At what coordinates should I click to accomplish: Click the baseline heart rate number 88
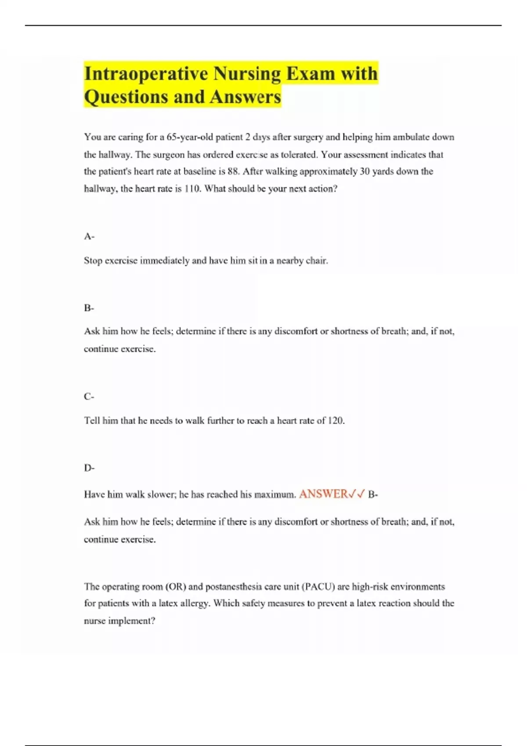click(233, 171)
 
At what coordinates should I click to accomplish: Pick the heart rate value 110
click(191, 189)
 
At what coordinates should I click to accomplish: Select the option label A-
click(89, 237)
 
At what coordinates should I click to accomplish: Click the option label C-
click(89, 397)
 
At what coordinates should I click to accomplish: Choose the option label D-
click(89, 468)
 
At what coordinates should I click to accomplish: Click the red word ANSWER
click(323, 494)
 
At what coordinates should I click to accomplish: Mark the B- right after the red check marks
click(373, 495)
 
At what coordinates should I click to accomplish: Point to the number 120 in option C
click(336, 420)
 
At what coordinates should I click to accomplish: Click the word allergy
click(195, 603)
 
